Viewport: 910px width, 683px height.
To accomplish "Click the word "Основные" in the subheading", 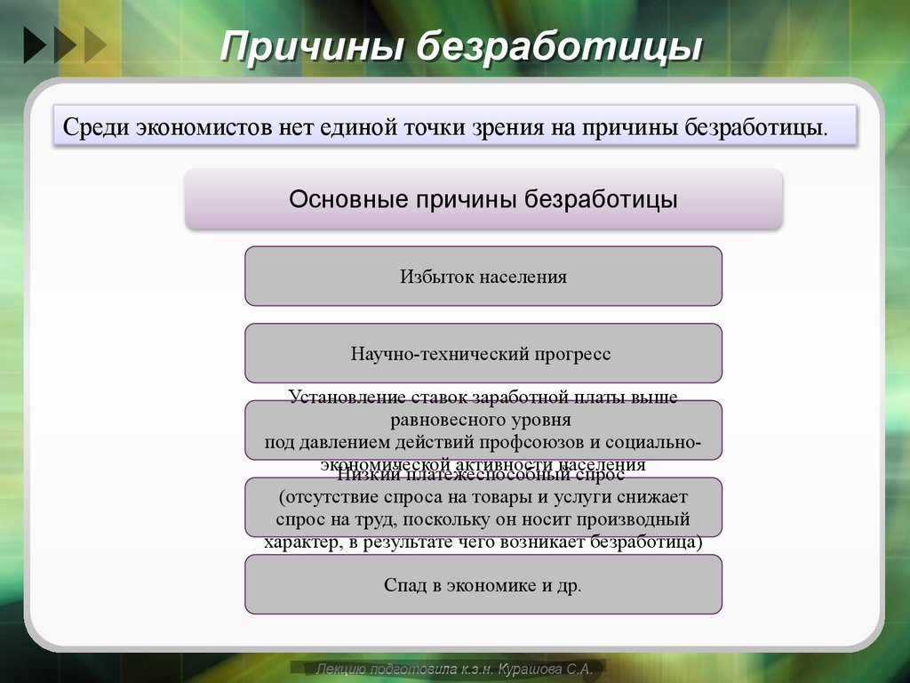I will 344,198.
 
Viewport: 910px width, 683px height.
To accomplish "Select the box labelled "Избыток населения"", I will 483,277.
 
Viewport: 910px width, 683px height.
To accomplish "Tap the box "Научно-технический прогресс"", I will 483,354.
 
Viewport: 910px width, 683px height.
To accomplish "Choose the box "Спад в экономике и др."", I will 483,585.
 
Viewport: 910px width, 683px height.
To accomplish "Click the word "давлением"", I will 346,443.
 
